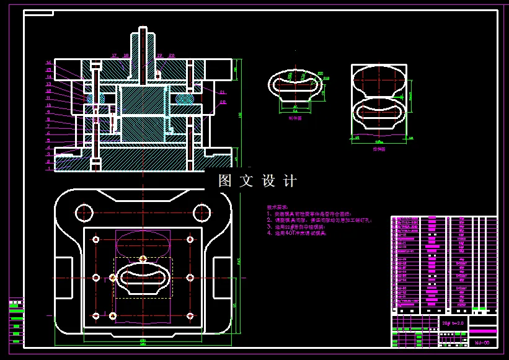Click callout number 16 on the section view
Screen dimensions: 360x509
tap(48, 63)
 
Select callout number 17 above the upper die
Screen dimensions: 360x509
tap(114, 56)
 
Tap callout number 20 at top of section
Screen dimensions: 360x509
tap(172, 56)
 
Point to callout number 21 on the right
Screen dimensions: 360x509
tap(223, 92)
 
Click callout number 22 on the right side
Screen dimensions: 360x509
tap(223, 102)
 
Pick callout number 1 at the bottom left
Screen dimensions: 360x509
tap(48, 168)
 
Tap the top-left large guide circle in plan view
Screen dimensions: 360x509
tap(83, 213)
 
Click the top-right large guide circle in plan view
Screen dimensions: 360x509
tap(203, 213)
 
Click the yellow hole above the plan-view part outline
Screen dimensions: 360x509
tap(143, 258)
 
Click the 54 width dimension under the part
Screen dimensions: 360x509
tap(295, 112)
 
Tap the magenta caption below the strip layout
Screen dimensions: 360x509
tap(379, 149)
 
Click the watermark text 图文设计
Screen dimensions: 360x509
tap(258, 181)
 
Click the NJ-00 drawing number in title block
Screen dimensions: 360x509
tap(482, 342)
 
